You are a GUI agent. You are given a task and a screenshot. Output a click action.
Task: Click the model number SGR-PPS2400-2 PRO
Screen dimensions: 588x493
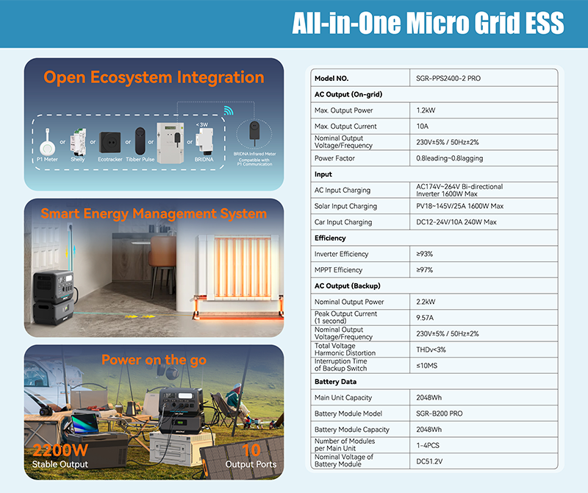[448, 79]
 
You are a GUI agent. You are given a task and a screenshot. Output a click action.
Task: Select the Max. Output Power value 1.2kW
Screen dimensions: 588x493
[426, 110]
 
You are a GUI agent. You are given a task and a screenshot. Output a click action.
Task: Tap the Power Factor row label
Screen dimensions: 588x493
[334, 158]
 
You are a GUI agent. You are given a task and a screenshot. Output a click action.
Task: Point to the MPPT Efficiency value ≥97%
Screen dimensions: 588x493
[425, 270]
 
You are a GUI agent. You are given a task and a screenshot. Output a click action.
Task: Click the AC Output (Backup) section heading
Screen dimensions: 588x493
[347, 285]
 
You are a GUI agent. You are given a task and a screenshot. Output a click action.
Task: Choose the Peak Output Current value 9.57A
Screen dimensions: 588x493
[425, 318]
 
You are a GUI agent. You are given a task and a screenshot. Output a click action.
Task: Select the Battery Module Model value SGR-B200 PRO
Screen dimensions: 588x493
[439, 414]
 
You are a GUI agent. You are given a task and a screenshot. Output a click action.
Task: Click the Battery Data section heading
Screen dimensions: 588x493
[335, 381]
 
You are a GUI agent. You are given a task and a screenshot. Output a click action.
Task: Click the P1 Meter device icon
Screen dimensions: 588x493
[48, 143]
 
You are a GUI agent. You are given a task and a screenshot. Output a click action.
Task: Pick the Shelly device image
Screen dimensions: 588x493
[78, 141]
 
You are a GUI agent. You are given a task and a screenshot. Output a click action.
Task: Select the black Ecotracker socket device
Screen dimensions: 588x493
[110, 142]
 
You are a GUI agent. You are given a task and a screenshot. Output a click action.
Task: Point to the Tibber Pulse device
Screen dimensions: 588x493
[140, 141]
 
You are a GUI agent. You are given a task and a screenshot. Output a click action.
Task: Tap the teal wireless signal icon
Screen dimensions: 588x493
[229, 110]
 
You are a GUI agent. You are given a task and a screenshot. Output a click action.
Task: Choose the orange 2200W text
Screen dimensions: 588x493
[60, 450]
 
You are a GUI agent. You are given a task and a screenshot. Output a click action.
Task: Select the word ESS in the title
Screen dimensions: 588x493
[545, 23]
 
